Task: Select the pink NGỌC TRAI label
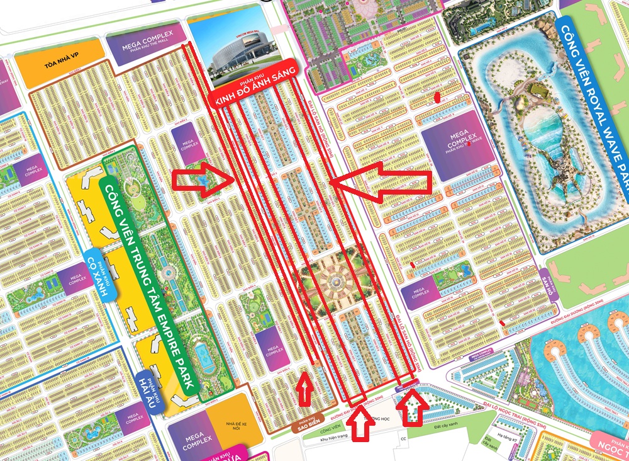(613, 445)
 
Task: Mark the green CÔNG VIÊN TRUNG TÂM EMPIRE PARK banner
(148, 271)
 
